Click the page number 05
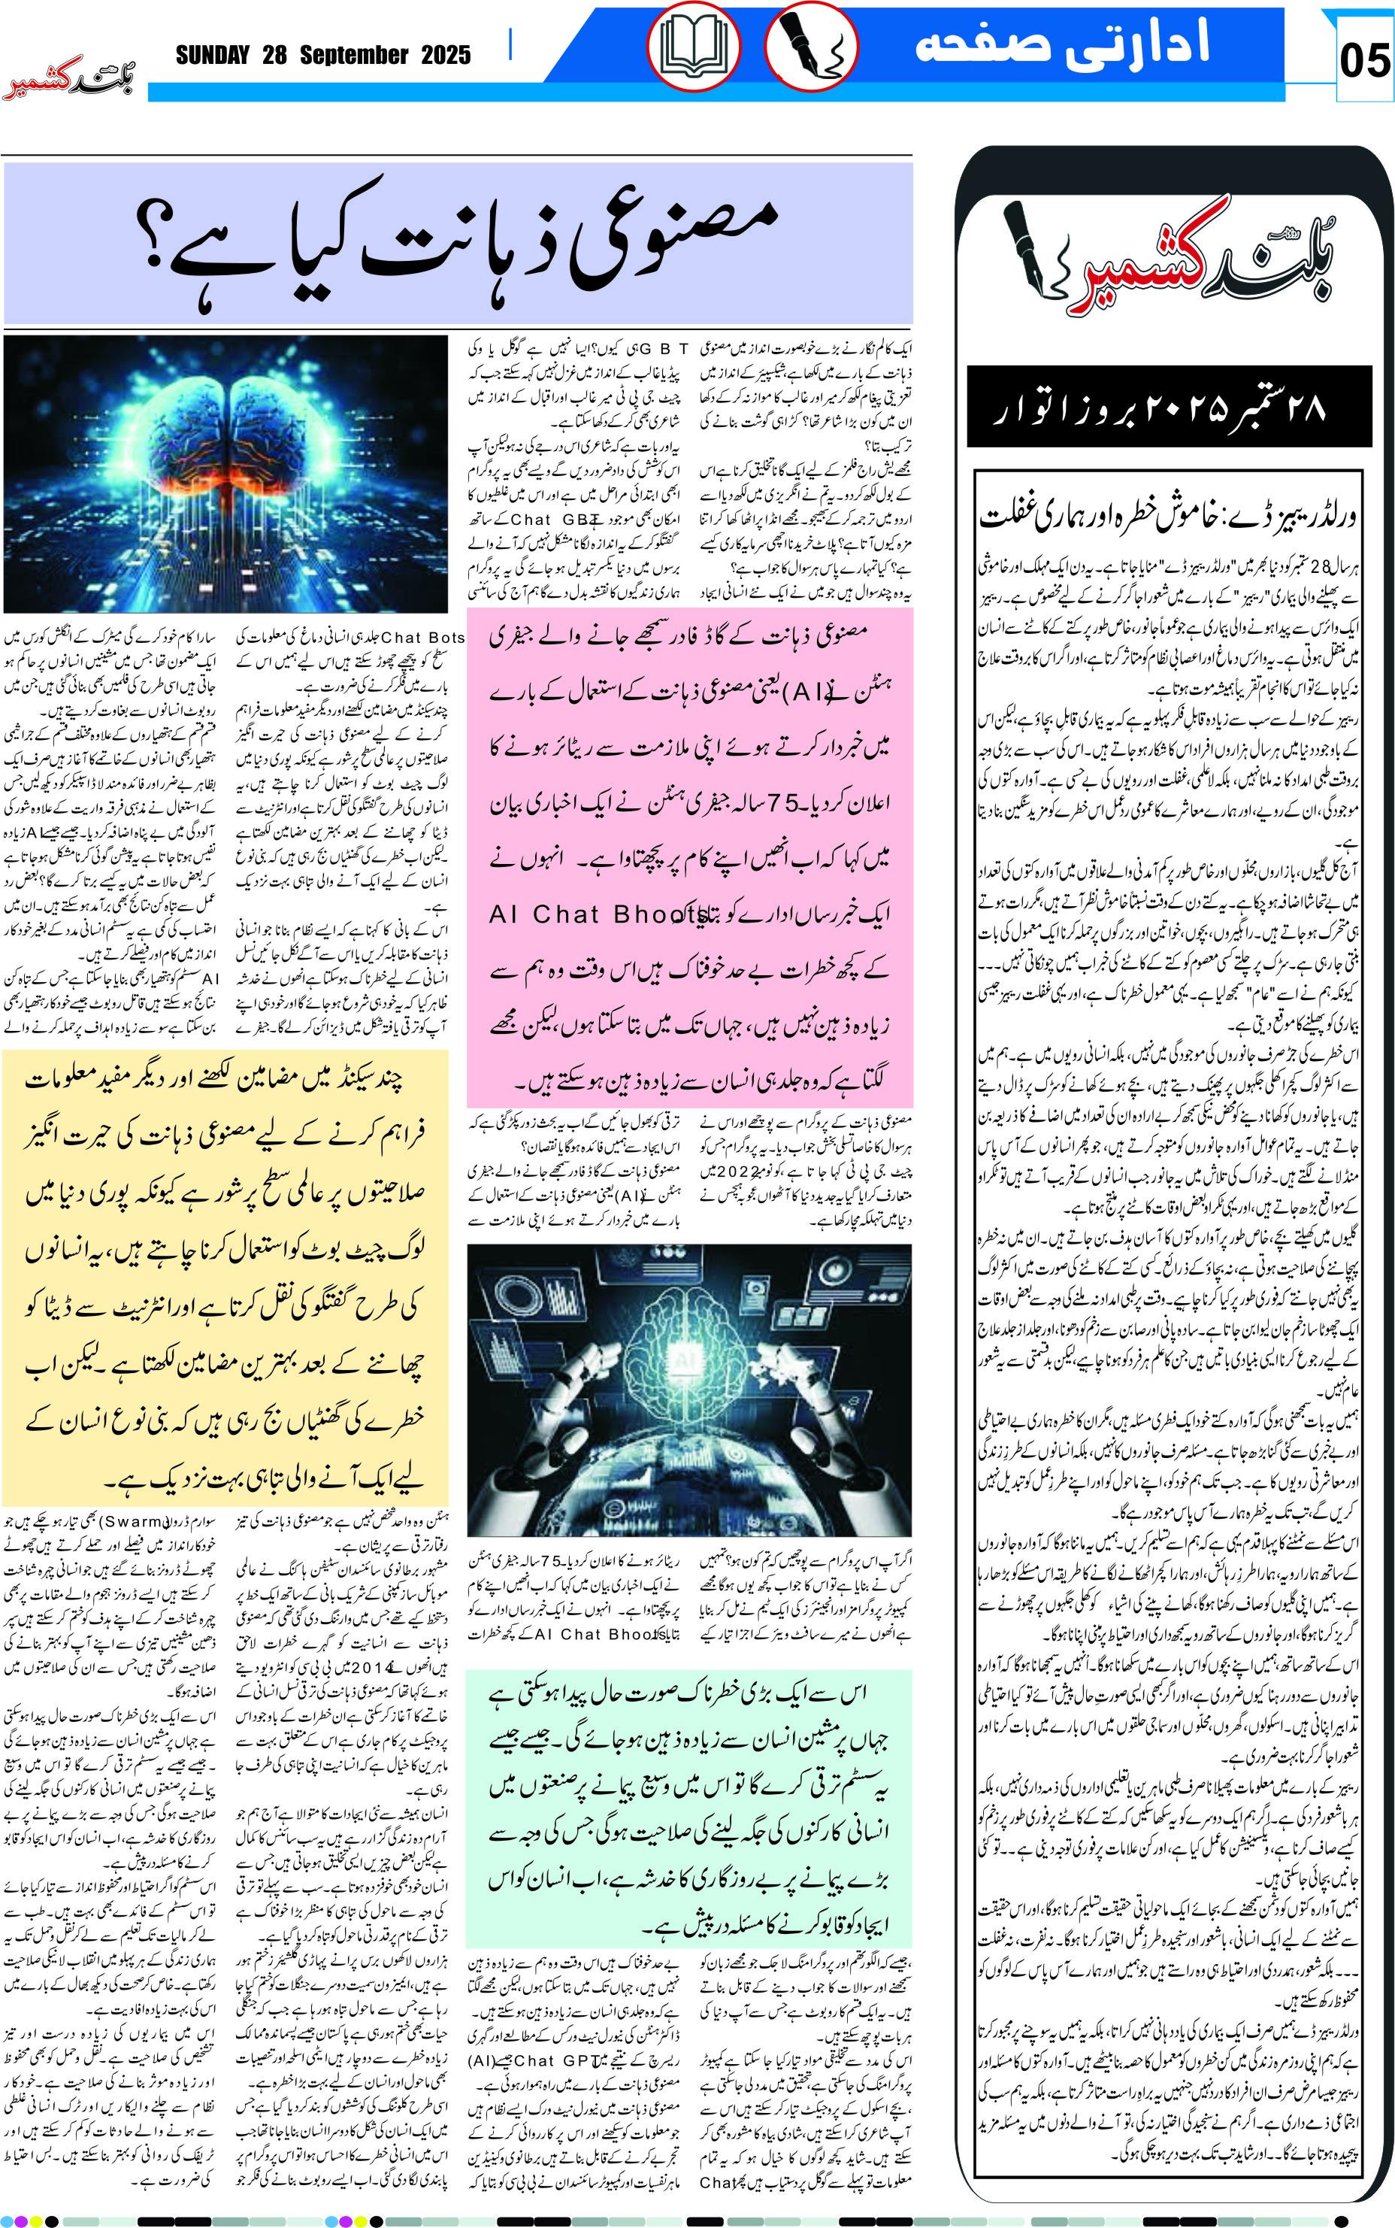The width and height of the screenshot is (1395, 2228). [1363, 61]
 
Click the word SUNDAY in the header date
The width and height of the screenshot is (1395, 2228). [212, 56]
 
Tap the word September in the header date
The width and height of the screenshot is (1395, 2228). [353, 56]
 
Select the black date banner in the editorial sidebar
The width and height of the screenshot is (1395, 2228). [1168, 407]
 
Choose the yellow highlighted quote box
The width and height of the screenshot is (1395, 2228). [225, 1278]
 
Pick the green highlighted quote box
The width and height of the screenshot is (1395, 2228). [688, 1808]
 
